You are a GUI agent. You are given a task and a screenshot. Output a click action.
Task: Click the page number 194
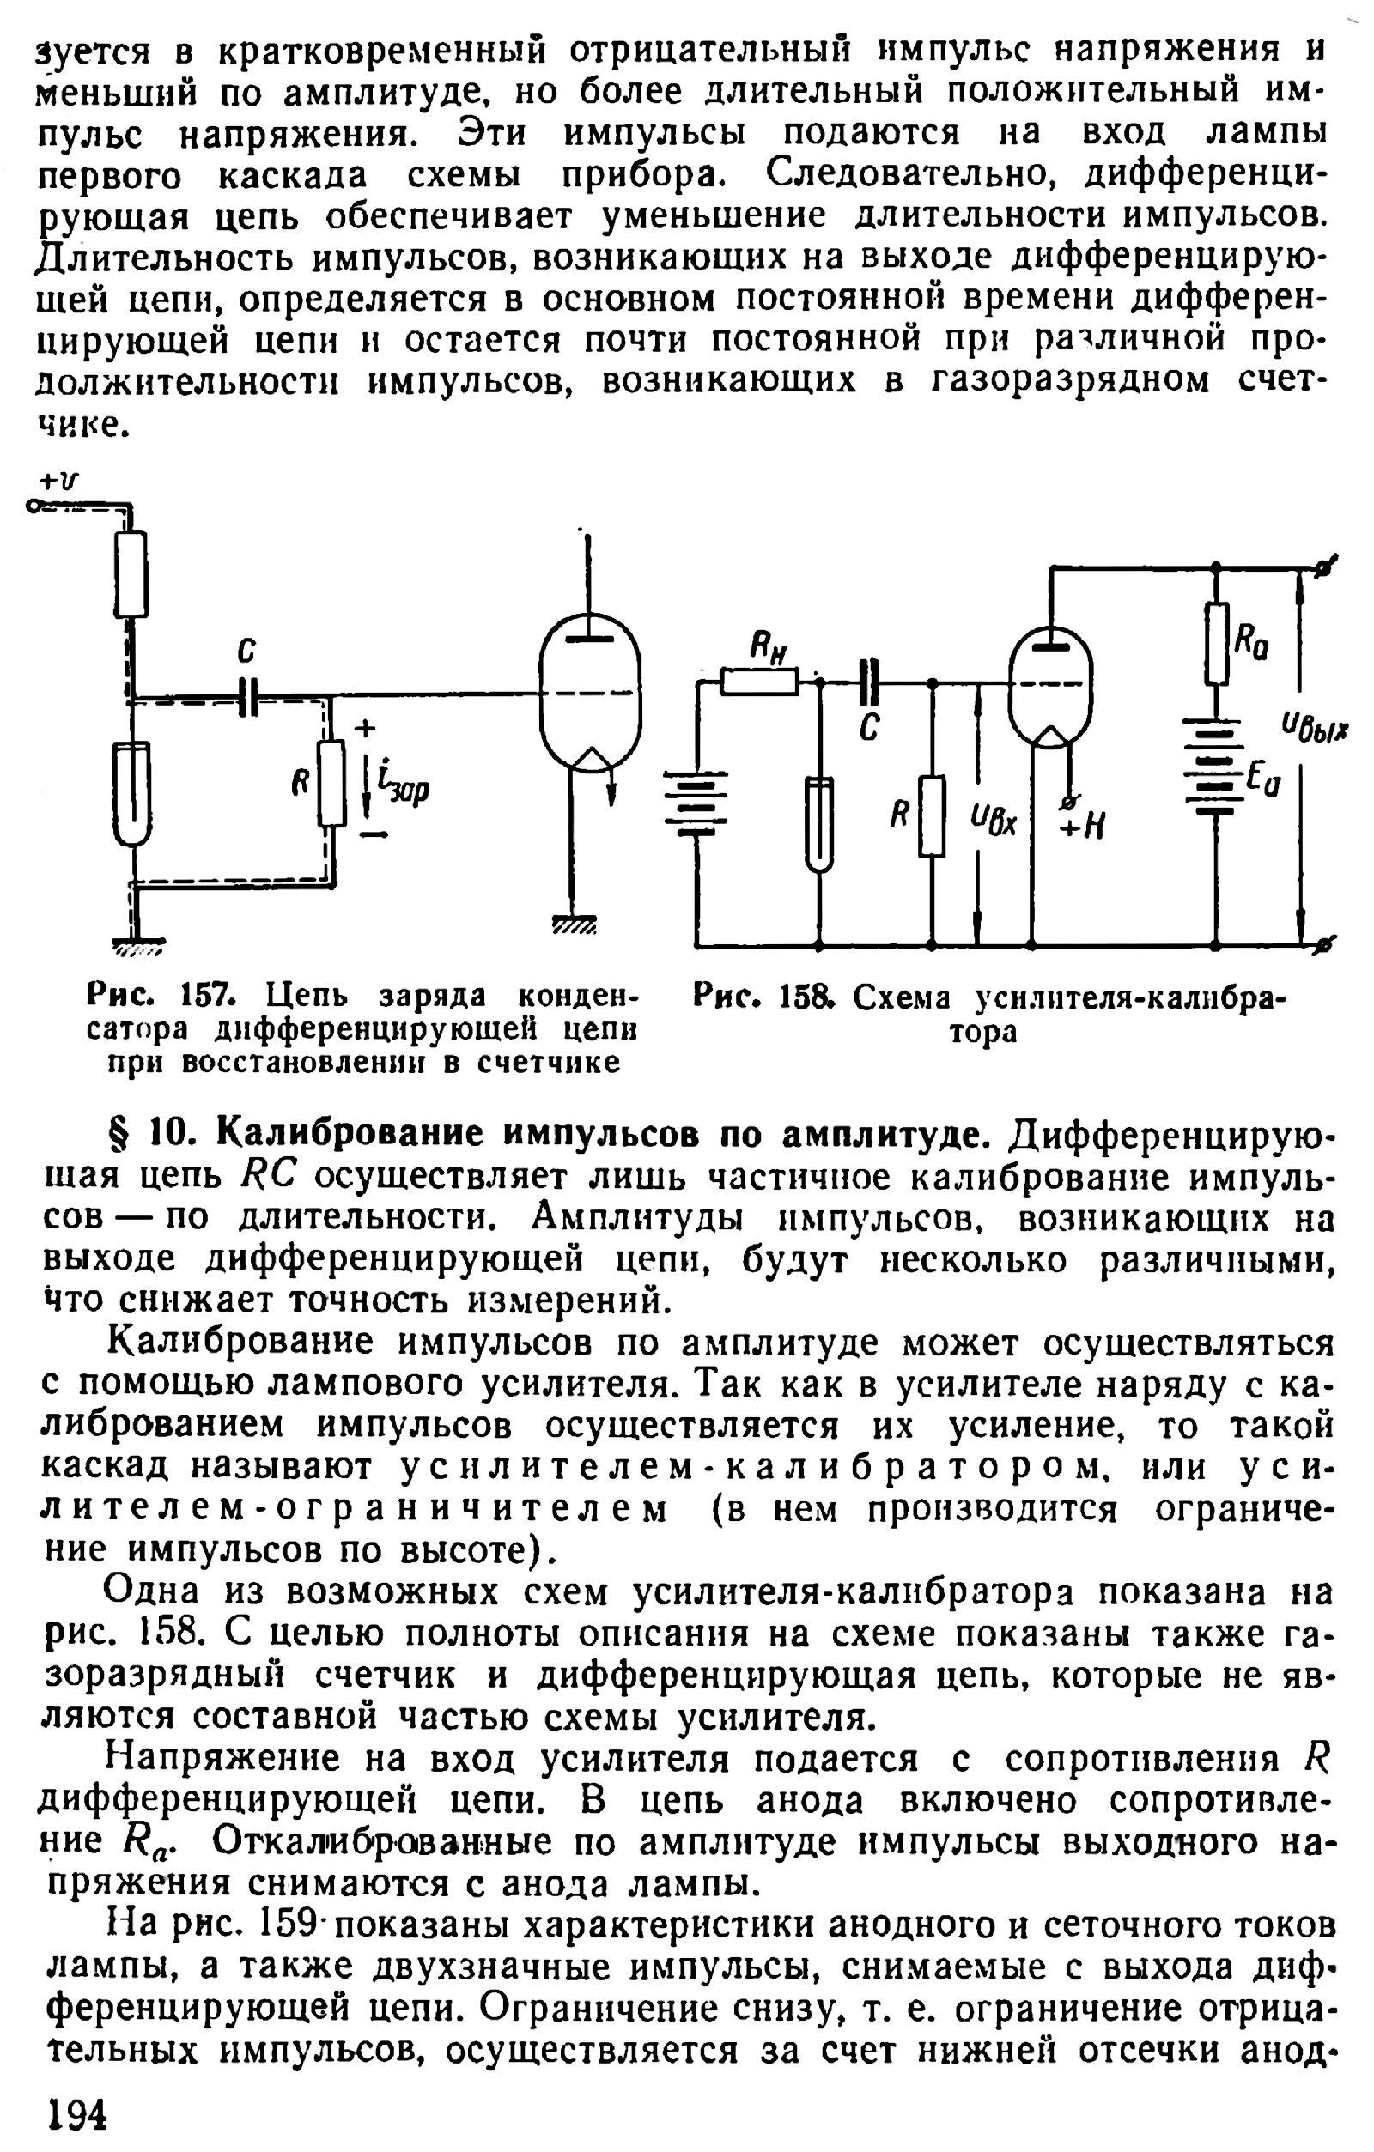tap(74, 2115)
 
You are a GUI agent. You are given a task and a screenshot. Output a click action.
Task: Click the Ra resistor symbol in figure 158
tap(1216, 644)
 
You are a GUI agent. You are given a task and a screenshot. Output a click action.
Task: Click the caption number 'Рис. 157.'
tap(161, 995)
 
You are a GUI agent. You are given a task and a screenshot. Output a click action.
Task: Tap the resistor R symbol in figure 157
tap(331, 783)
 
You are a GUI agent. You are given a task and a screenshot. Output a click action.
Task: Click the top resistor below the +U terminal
tap(131, 573)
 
